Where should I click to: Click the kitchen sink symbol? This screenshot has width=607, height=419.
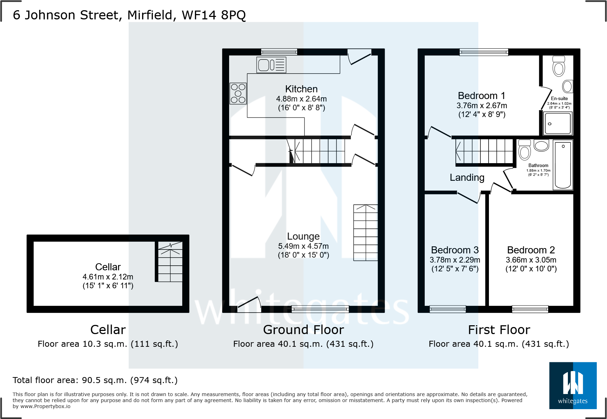coord(271,65)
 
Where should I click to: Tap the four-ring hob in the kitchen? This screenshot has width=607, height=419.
coord(238,94)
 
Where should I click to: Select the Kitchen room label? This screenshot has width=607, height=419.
coord(301,89)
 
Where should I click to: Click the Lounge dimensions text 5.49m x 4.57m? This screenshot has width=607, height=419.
coord(303,246)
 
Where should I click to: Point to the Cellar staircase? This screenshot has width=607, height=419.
coord(170,261)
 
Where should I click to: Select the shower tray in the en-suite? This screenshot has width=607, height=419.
coord(558,123)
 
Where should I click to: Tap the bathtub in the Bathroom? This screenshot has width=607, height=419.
coord(563,165)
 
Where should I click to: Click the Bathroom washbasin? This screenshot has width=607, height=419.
coord(541,145)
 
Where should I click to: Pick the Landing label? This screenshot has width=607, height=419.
coord(467,178)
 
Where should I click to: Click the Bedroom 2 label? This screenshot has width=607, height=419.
coord(531,250)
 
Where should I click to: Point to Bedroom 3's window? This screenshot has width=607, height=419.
coord(448,309)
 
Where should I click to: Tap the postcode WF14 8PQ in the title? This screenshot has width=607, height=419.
coord(214,15)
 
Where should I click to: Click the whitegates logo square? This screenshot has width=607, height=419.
coord(573,386)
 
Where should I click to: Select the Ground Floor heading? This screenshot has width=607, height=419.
coord(303,330)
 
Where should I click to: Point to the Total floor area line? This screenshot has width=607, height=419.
coord(95,380)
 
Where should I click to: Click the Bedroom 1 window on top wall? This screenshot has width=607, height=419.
coord(484,52)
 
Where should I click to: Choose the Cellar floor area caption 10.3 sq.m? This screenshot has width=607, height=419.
coord(108,344)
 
